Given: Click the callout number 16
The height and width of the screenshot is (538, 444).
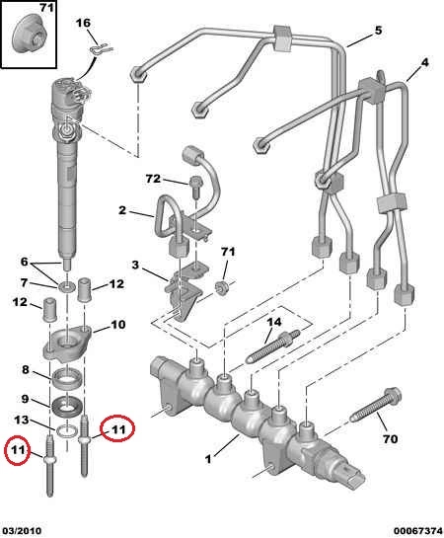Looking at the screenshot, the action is tap(83, 24).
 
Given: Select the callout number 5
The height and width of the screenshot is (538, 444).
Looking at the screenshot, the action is tap(378, 31).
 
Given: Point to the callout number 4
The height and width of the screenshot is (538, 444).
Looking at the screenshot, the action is tap(425, 62).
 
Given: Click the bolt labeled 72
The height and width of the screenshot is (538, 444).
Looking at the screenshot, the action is tap(195, 187).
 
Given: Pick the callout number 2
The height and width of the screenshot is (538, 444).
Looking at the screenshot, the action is tap(122, 210).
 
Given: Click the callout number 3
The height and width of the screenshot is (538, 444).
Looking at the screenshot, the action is tap(135, 265).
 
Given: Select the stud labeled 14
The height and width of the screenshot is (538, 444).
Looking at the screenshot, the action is tap(273, 346).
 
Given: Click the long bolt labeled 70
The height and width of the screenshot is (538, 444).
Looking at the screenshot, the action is tap(376, 406).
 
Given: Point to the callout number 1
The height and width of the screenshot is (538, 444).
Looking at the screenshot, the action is tap(208, 459).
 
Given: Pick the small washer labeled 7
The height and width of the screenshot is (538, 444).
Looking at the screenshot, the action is tap(67, 285).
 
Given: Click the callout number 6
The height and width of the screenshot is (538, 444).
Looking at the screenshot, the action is tap(24, 262).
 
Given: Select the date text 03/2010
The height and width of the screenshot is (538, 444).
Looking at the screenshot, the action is tap(21, 531).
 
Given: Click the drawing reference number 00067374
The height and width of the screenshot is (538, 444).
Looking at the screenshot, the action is tap(417, 531).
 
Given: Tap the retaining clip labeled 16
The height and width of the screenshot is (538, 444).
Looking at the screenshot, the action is tap(102, 49).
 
